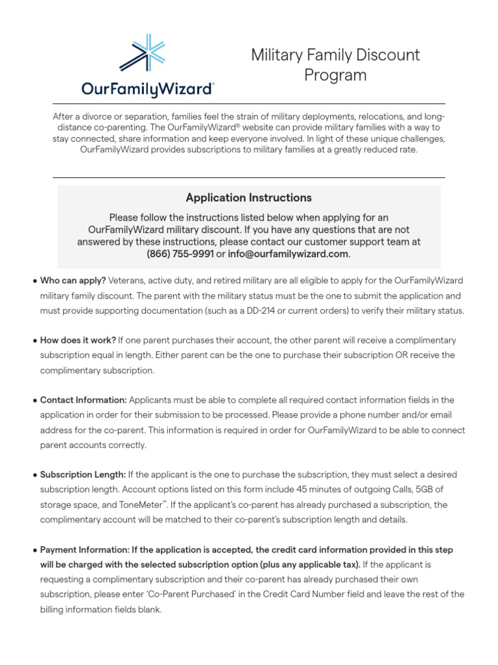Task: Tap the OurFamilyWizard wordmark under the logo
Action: [148, 88]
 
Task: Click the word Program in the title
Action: [335, 75]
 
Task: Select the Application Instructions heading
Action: [248, 197]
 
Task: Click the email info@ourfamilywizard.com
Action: [289, 254]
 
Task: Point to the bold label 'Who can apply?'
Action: [73, 280]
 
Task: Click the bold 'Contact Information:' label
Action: [84, 400]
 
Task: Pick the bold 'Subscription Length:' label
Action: [83, 475]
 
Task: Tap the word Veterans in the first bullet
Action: [126, 280]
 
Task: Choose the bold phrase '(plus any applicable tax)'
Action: [310, 565]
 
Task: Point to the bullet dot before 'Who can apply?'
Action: [34, 281]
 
